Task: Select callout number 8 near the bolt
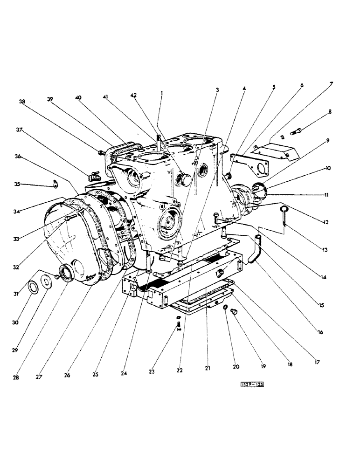[330, 112]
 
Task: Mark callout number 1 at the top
[161, 93]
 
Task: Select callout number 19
[263, 367]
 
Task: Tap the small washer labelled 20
[225, 308]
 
